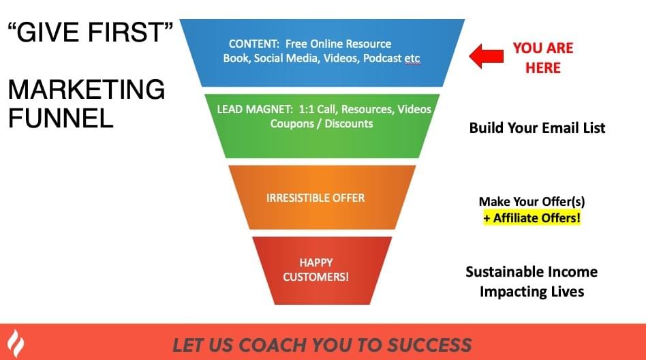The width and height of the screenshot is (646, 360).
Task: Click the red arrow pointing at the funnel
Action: (486, 56)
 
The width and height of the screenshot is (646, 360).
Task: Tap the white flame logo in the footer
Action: (16, 343)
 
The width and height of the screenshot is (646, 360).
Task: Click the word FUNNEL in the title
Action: (61, 119)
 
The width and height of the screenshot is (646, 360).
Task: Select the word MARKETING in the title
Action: (87, 89)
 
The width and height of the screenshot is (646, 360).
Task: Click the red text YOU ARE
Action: (543, 48)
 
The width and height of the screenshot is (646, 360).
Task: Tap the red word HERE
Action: (543, 67)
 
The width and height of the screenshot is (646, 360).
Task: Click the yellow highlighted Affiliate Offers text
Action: (532, 217)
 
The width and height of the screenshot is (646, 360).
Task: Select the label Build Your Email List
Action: (537, 127)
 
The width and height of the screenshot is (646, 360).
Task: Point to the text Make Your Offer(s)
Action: (532, 202)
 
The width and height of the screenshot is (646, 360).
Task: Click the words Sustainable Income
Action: (532, 272)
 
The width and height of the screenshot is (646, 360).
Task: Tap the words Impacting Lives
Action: (532, 292)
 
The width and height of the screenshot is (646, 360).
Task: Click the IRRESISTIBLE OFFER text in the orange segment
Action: (316, 198)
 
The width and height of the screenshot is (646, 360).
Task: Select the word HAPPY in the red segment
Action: (316, 262)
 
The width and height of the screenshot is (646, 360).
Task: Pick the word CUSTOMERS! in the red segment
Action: (316, 277)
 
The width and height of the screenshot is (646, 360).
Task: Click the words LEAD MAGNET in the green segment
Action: (255, 109)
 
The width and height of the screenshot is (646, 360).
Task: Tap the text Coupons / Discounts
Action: (322, 123)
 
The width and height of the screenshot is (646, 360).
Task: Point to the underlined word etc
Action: (412, 59)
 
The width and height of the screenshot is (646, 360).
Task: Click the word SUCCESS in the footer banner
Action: (429, 345)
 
